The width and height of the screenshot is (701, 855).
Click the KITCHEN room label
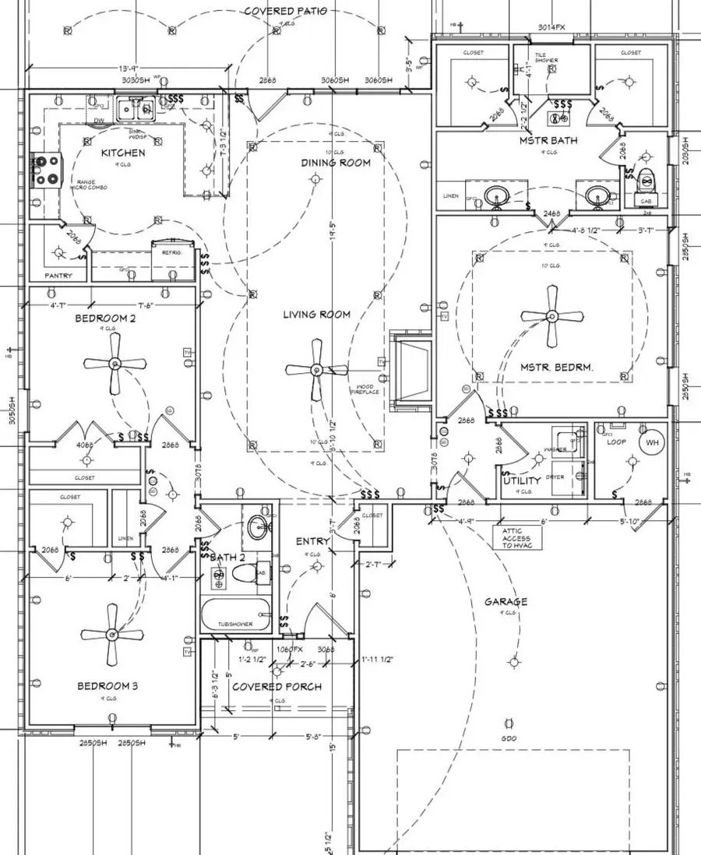pyautogui.click(x=122, y=153)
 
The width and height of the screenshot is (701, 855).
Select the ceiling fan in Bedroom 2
pyautogui.click(x=115, y=364)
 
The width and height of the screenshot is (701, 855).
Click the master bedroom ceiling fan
pyautogui.click(x=552, y=316)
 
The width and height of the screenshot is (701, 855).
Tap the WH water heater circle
pyautogui.click(x=651, y=442)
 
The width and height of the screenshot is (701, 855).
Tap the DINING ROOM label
pyautogui.click(x=336, y=164)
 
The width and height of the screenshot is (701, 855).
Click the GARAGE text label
pyautogui.click(x=506, y=602)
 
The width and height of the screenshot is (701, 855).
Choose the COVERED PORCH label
pyautogui.click(x=277, y=687)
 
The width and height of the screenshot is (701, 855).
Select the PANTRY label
pyautogui.click(x=58, y=276)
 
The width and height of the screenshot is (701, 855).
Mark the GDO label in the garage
pyautogui.click(x=510, y=738)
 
